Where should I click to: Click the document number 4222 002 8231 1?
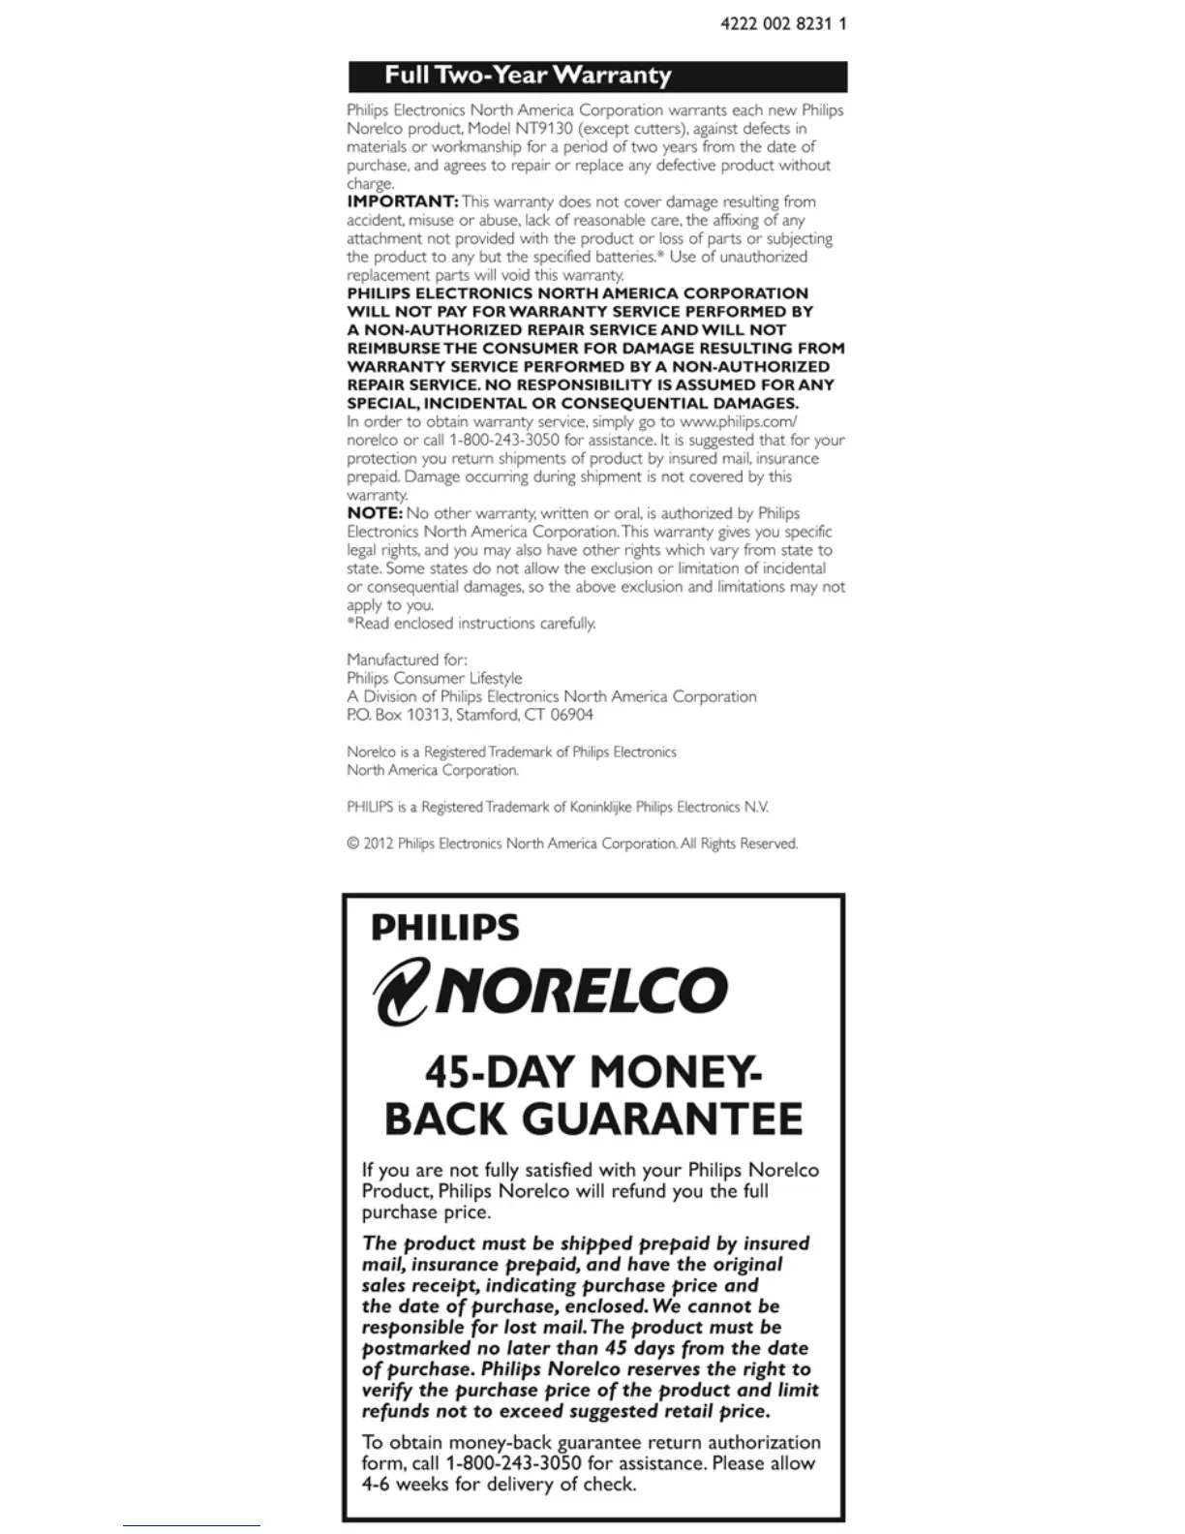coord(783,23)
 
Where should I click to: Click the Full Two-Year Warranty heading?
coord(528,76)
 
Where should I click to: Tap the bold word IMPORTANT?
coord(403,201)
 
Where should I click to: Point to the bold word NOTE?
coord(375,513)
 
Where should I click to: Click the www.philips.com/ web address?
coord(739,422)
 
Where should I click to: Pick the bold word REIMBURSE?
coord(393,348)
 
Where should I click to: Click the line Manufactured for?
coord(407,660)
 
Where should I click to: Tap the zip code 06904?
coord(571,716)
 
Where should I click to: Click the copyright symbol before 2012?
coord(353,844)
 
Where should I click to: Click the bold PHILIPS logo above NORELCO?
coord(444,928)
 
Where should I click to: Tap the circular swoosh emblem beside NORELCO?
coord(401,991)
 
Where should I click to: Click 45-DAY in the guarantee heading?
coord(501,1073)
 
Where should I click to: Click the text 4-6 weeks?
coord(406,1485)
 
